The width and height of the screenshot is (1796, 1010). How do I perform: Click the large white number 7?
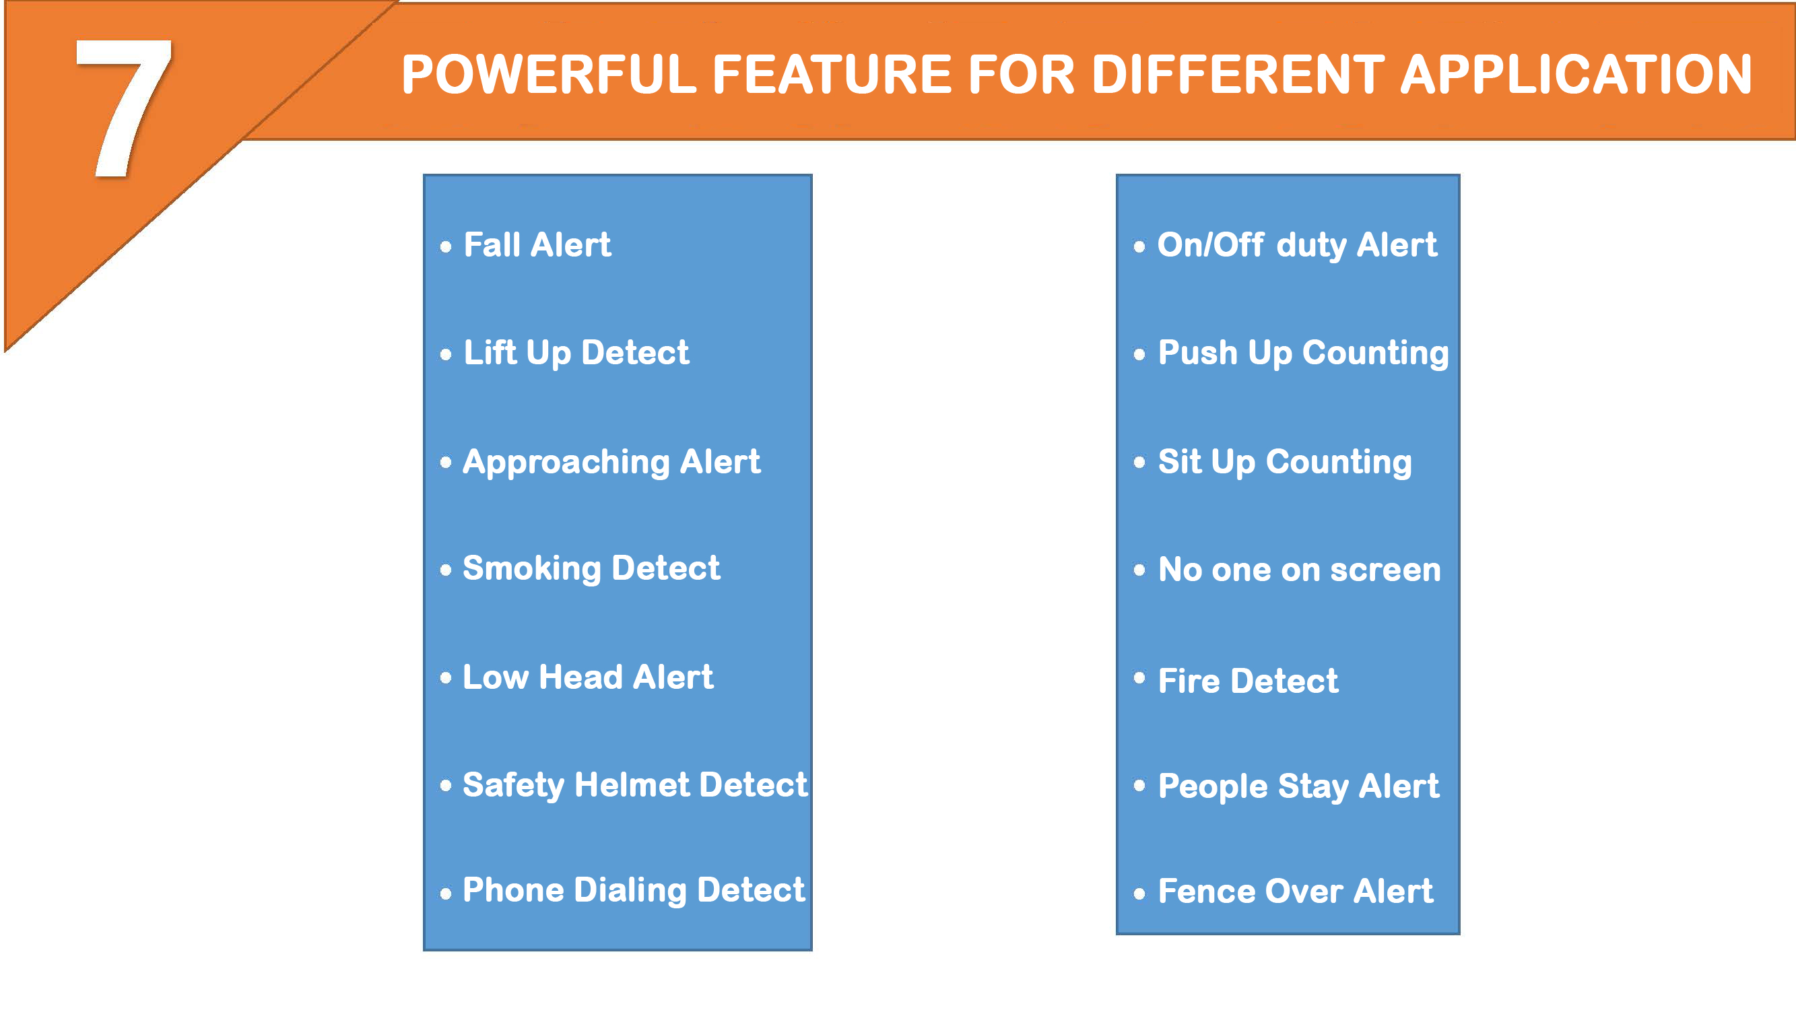(123, 108)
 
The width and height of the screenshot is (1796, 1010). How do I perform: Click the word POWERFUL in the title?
(550, 75)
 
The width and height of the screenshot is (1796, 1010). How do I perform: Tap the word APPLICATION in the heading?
(1577, 75)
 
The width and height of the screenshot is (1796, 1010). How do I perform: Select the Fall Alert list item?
(537, 244)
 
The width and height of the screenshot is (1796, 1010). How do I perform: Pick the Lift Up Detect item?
(576, 353)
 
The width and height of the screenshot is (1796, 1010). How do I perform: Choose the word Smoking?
(531, 569)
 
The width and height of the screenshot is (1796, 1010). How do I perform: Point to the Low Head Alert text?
(589, 677)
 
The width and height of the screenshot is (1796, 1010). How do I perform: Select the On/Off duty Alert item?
(1298, 245)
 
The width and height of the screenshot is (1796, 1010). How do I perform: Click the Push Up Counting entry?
(1304, 353)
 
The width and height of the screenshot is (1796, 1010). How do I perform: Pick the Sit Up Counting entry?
(1285, 463)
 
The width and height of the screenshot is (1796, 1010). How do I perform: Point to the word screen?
(1385, 570)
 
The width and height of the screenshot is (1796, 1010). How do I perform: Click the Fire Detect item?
(1248, 681)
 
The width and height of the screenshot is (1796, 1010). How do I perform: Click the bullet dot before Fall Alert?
(446, 246)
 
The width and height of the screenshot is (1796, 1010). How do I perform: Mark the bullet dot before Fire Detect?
(1139, 677)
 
